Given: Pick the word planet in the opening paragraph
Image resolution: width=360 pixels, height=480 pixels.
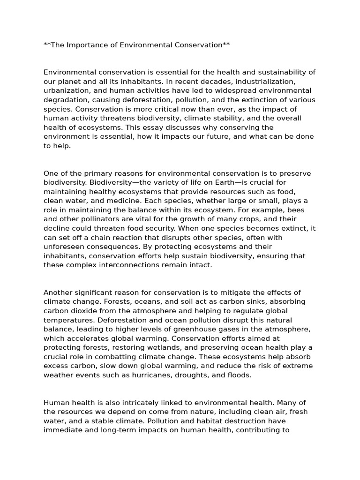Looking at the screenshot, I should (x=68, y=82).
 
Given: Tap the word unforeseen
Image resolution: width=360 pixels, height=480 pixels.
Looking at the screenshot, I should (x=65, y=247).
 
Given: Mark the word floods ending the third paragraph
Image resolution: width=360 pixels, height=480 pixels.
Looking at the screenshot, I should (x=239, y=375).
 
